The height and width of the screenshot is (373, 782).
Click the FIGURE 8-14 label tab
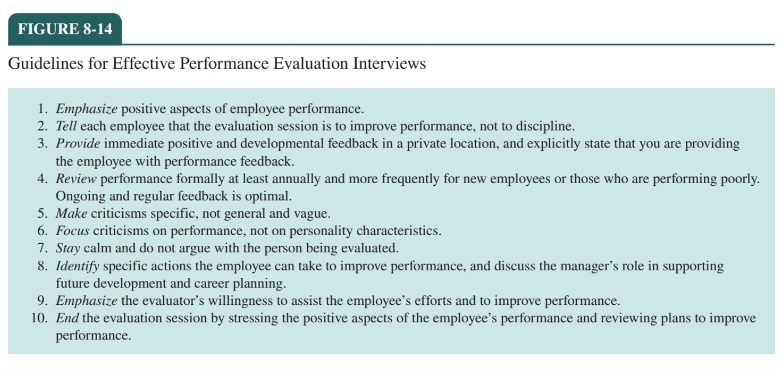[x=65, y=29]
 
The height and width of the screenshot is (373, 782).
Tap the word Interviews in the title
[x=389, y=64]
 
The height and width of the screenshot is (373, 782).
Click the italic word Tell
[x=66, y=126]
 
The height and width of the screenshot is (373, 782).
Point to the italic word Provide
[x=78, y=144]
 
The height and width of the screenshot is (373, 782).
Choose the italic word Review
[x=76, y=179]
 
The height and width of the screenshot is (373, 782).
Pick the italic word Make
[x=71, y=213]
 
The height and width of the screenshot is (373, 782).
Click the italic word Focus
[x=73, y=231]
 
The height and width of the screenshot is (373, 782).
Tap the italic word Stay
[x=68, y=248]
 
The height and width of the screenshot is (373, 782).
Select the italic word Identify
[x=78, y=266]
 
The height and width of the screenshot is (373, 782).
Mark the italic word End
[x=67, y=318]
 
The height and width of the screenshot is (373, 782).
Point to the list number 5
[x=42, y=213]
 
